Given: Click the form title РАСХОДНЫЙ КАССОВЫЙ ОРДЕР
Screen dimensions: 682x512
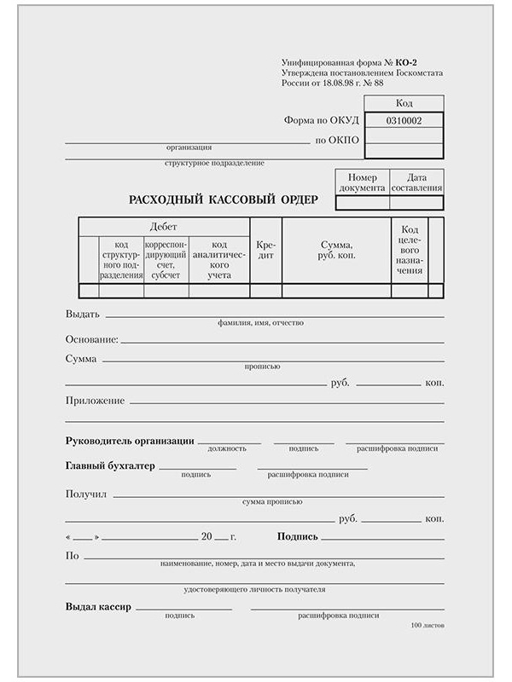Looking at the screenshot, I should coord(223,199).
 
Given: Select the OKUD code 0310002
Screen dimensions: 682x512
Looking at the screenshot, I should coord(404,121).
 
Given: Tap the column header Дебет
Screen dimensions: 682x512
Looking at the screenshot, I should coord(164,227).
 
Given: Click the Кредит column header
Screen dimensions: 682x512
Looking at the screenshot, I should coord(265,250).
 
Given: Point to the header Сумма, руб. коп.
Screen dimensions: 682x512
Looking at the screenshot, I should coord(336,249).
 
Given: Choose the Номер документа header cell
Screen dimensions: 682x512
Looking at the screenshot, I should coord(363,182).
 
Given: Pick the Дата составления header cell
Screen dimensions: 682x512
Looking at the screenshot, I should coord(416,182).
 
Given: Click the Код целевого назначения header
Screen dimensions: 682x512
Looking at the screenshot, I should coord(410,250).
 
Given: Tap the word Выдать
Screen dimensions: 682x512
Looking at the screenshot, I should coord(83,314).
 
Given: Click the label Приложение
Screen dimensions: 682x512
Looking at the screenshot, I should coord(95,401).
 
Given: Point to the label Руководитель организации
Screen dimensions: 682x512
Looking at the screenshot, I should coord(130,441).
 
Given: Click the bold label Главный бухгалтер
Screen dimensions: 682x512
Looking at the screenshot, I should coord(110,466).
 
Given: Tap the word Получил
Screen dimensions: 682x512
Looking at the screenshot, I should coord(85,494).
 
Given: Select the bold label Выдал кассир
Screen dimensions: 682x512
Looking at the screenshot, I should coord(98,607).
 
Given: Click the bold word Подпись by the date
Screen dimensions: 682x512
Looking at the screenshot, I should coord(298,537).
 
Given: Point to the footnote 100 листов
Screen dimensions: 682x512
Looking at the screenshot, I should coord(427,626).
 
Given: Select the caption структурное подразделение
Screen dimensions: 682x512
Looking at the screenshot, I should coord(215,163).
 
